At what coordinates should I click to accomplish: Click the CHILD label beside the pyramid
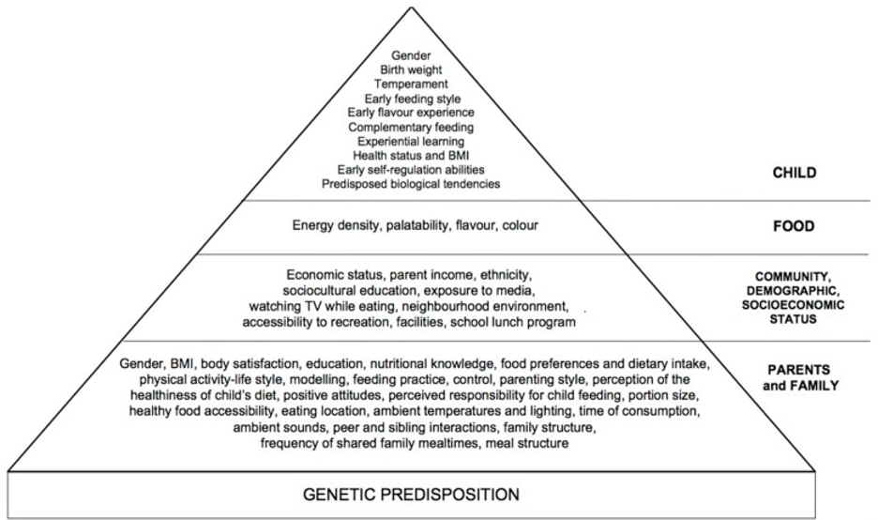click(794, 173)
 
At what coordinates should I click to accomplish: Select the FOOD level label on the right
click(794, 226)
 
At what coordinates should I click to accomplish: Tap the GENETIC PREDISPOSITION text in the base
click(411, 495)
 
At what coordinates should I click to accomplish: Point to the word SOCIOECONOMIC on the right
click(794, 305)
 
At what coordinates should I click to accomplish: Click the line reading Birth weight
click(411, 70)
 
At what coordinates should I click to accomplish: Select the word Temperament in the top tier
click(411, 84)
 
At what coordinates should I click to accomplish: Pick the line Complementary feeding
click(411, 128)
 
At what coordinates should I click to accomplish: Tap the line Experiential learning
click(411, 141)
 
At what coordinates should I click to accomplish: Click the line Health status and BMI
click(411, 155)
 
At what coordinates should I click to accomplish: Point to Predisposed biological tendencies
click(411, 184)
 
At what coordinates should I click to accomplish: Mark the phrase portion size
click(663, 395)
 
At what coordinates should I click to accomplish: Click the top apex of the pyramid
click(412, 7)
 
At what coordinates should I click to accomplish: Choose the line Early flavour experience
click(411, 113)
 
